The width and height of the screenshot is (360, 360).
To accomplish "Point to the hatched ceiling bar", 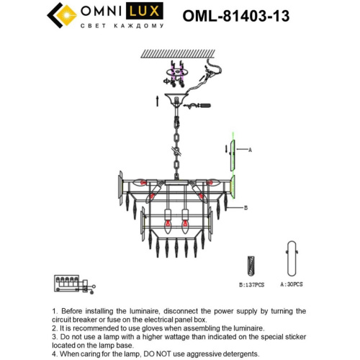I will (x=181, y=53).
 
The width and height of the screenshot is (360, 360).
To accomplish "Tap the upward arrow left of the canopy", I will (x=155, y=101).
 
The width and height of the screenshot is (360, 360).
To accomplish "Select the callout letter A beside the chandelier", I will (x=250, y=150).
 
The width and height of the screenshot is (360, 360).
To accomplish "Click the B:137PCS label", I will (x=251, y=285).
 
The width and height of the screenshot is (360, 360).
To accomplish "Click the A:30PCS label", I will (x=291, y=285).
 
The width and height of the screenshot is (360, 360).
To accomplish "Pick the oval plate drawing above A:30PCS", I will (x=292, y=258).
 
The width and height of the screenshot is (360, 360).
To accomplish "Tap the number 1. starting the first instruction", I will (x=55, y=311).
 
